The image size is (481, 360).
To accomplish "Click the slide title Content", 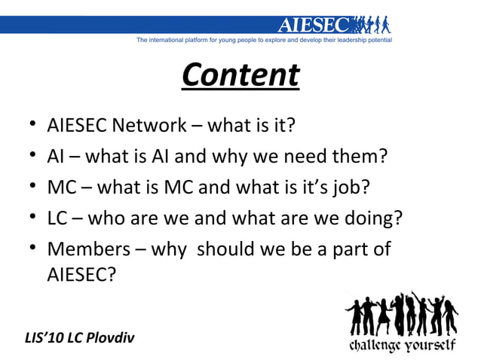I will [x=240, y=75].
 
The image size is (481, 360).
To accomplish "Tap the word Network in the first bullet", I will [x=148, y=125].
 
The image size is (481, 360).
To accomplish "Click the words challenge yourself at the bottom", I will [x=401, y=346].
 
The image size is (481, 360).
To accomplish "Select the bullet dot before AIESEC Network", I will [x=28, y=125].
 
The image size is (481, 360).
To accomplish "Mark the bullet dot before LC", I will [x=28, y=219].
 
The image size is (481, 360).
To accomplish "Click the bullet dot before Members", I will [x=28, y=249].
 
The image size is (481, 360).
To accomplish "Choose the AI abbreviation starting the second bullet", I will [x=55, y=157].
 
